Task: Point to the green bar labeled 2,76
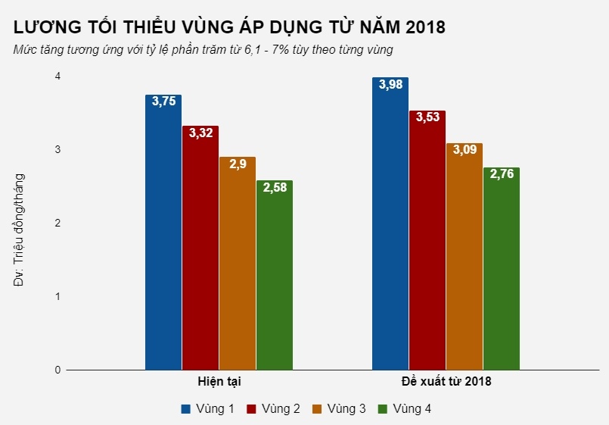[x=501, y=269]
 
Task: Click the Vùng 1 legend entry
[x=207, y=409]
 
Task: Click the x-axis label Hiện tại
[x=219, y=382]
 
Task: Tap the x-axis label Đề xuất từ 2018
[x=446, y=382]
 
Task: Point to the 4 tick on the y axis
[x=57, y=77]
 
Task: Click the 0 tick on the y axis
[x=57, y=370]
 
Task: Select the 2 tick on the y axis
[x=57, y=223]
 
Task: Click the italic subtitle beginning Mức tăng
[x=202, y=50]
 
